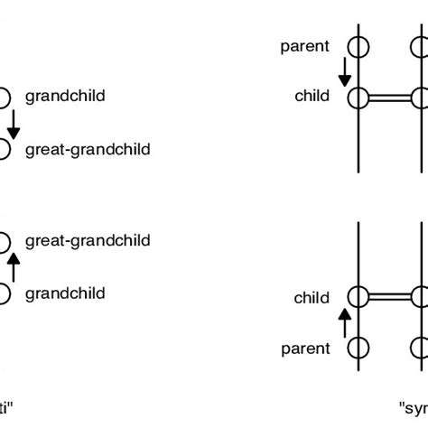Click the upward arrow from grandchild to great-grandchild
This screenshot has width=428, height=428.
pos(13,266)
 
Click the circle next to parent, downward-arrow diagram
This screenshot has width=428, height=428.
pos(358,46)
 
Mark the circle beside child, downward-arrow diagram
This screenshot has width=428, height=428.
pos(358,98)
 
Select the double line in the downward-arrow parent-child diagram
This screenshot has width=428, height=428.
pos(389,98)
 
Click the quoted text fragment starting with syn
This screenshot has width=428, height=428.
pos(414,407)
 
